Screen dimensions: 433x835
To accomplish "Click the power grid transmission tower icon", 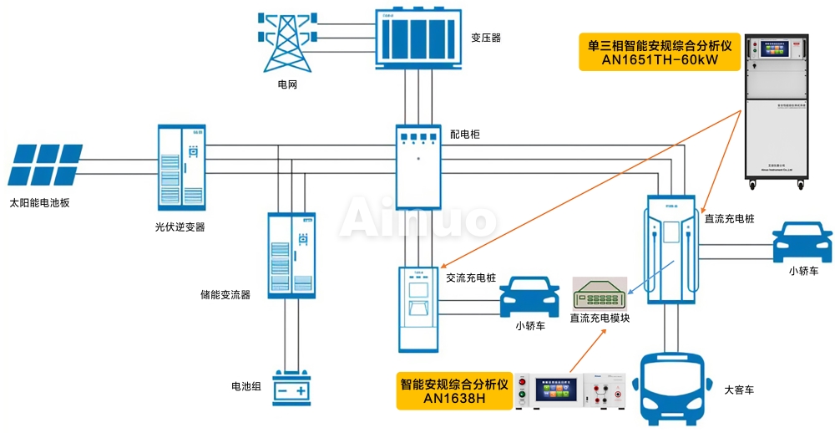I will [287, 42].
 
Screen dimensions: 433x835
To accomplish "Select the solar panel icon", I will [45, 164].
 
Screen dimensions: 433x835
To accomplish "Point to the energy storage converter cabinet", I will [291, 255].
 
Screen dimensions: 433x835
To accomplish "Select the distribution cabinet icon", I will [417, 166].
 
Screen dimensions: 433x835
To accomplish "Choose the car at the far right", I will [802, 242].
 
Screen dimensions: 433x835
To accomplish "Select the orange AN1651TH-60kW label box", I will [659, 53].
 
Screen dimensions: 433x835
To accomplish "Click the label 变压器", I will [486, 38].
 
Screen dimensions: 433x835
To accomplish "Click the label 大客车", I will [739, 390].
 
